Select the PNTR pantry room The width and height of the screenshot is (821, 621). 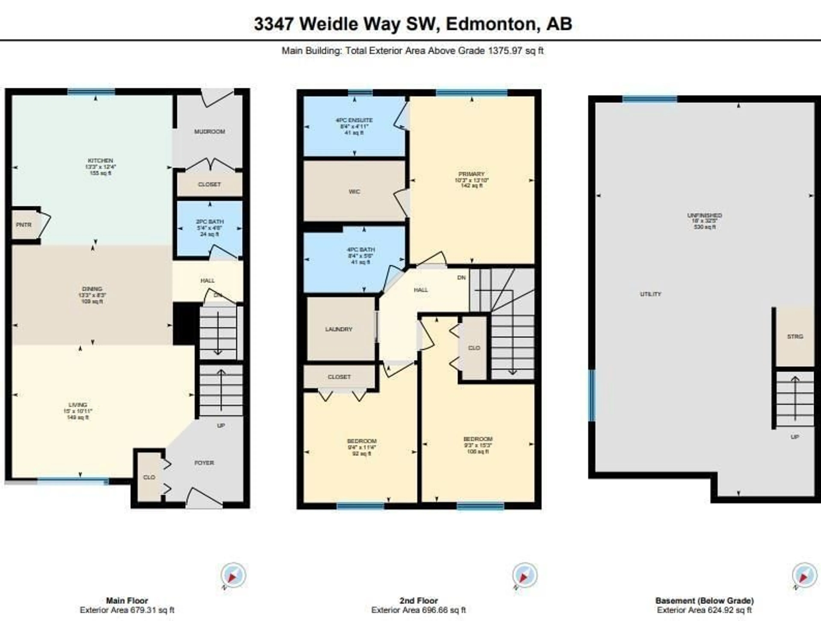pyautogui.click(x=24, y=225)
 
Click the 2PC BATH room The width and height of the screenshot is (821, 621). pyautogui.click(x=210, y=228)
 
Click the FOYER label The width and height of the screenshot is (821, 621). pyautogui.click(x=204, y=463)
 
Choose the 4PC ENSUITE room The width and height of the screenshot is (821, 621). pyautogui.click(x=354, y=126)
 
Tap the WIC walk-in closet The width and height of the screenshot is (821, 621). pyautogui.click(x=354, y=192)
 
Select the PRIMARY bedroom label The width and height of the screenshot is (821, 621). pyautogui.click(x=471, y=174)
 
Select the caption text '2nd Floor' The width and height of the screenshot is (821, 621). pyautogui.click(x=418, y=600)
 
